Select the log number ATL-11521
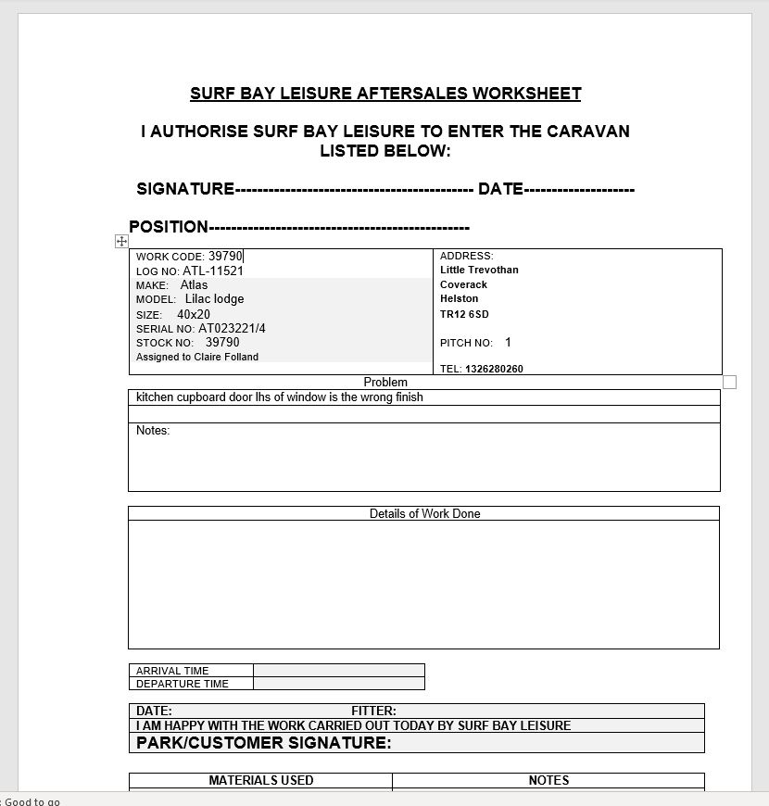tap(213, 271)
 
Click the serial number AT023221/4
tap(232, 328)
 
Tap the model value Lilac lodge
tap(214, 299)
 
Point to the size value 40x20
tap(194, 314)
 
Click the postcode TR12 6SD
tap(464, 314)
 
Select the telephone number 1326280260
tap(494, 369)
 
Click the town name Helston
tap(460, 299)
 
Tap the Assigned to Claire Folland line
tap(197, 357)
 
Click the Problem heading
tap(385, 382)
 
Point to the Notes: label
tap(153, 431)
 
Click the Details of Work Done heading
tap(424, 513)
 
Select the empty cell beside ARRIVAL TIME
tap(338, 671)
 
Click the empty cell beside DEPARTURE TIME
tap(338, 684)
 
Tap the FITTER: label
tap(373, 712)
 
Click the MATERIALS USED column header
tap(261, 780)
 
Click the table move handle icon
tap(121, 241)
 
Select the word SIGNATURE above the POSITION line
tap(185, 189)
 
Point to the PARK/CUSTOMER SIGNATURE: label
tap(264, 743)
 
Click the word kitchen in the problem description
tap(156, 397)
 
